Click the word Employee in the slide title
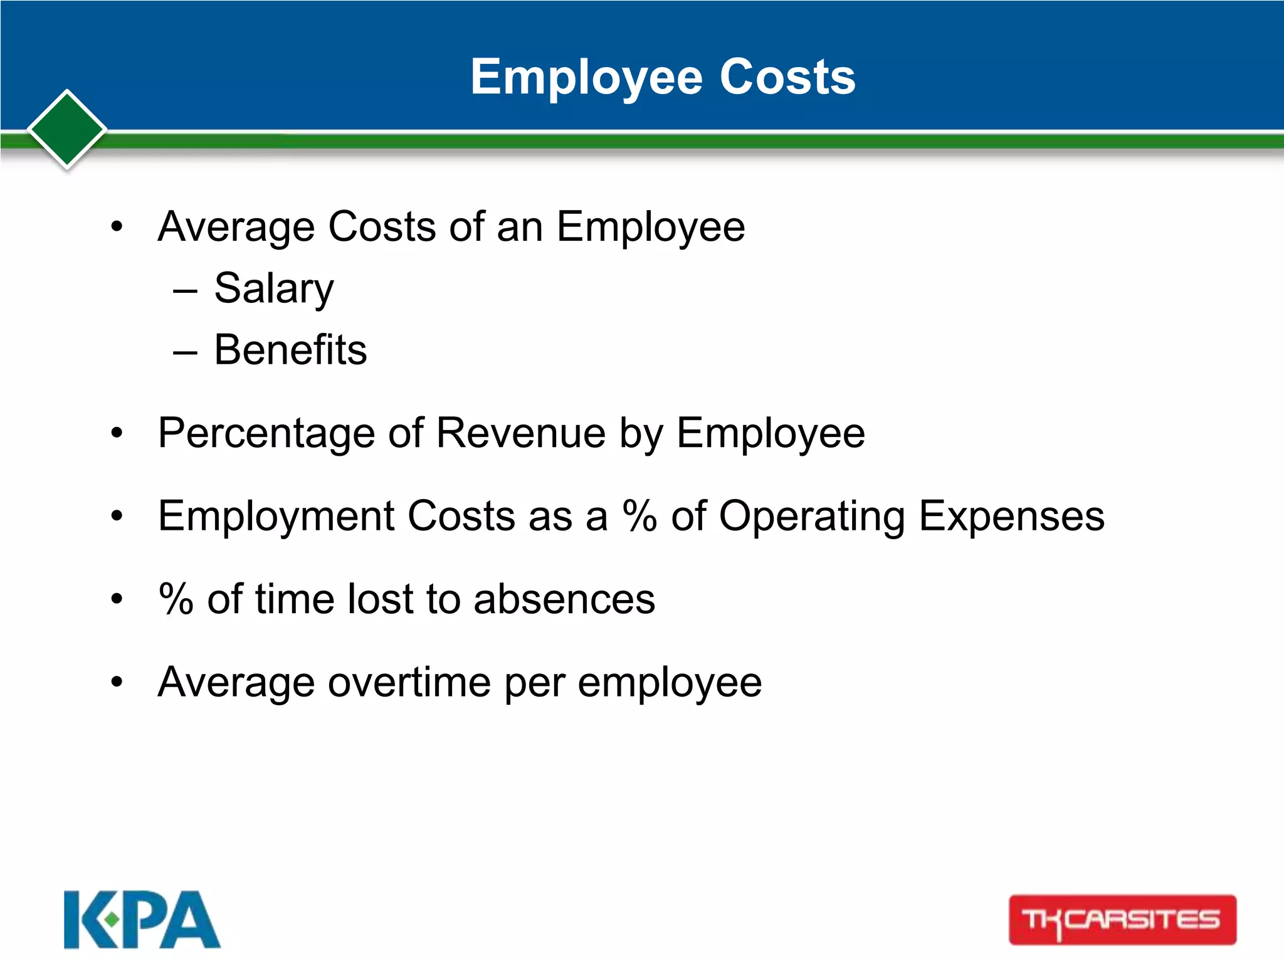tap(587, 78)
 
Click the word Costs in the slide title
tap(787, 78)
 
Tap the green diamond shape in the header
tap(67, 130)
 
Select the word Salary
tap(274, 289)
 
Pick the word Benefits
tap(290, 350)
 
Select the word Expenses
tap(1011, 517)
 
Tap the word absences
tap(564, 599)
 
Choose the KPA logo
tap(142, 920)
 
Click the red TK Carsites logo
tap(1122, 920)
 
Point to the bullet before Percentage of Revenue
tap(117, 434)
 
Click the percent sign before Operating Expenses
tap(639, 516)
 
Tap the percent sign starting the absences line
tap(176, 599)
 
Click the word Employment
tap(276, 517)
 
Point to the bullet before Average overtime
tap(117, 682)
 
